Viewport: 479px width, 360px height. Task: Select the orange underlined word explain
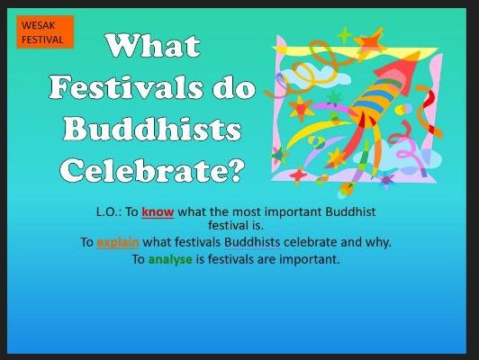(x=117, y=242)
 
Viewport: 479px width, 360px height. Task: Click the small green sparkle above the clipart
(x=343, y=34)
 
